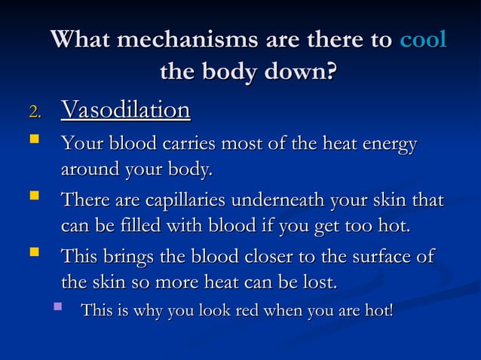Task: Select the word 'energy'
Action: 388,144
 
